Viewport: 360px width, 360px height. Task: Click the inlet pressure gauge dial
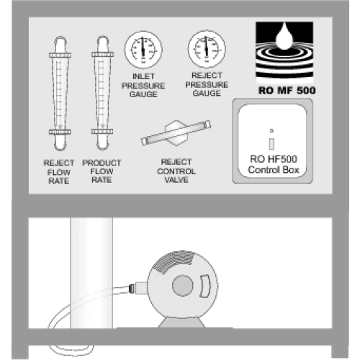[143, 50]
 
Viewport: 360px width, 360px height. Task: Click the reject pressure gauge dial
[207, 49]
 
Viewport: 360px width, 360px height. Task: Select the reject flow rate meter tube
[60, 94]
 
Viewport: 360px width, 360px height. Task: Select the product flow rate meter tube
[102, 93]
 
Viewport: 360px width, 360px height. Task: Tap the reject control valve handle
[176, 132]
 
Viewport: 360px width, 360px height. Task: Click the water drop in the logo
[284, 37]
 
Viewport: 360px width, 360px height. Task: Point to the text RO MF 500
[287, 91]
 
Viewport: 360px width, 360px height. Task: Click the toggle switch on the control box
[271, 143]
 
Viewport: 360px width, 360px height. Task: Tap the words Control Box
[274, 170]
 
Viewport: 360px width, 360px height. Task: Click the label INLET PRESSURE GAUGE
[143, 86]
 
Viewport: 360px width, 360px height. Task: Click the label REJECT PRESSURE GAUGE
[207, 84]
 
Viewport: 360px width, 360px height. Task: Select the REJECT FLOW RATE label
[59, 172]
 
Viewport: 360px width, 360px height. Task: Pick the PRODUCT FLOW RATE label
[102, 171]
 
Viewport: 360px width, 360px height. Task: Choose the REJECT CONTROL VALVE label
[176, 171]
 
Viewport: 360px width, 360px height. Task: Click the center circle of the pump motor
[183, 285]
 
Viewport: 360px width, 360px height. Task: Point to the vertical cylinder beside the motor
[91, 273]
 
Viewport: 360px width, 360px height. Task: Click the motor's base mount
[181, 323]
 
